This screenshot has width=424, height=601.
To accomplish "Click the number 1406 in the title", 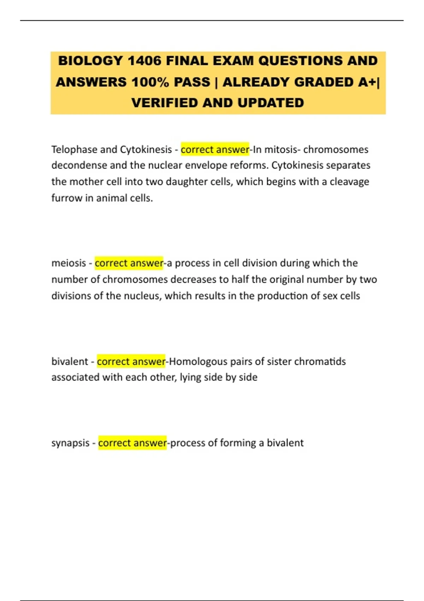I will coord(144,61).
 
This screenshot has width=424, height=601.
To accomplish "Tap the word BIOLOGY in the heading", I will coord(90,61).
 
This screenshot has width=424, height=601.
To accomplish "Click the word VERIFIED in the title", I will coord(164,103).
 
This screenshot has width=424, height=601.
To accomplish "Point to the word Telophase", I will coord(74,150).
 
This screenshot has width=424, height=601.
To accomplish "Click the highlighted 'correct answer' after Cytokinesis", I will coord(215,150).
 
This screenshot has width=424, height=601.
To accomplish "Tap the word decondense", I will coord(79,165).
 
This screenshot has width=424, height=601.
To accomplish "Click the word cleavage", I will coord(349,182).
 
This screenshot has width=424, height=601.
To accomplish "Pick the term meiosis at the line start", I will coord(69,263).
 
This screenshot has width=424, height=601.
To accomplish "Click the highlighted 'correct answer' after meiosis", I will coord(129,263).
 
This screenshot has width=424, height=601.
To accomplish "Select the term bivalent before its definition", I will coord(70,361).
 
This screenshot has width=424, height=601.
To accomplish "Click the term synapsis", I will coord(70,443).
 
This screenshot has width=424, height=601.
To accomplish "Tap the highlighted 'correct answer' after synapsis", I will coord(132,443).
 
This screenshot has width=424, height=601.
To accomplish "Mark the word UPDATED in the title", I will coord(271,103).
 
